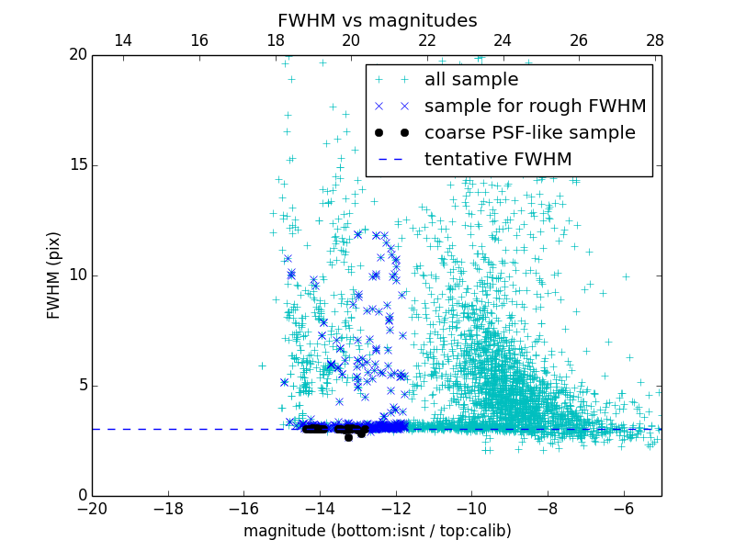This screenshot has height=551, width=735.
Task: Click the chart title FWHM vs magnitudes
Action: tap(377, 20)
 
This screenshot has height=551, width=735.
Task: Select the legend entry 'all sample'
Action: tap(471, 80)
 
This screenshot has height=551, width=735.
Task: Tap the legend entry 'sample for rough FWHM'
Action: tap(535, 107)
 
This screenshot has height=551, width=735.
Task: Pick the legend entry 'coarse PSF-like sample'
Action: tap(529, 133)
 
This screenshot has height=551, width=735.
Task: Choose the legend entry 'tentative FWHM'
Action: tap(498, 160)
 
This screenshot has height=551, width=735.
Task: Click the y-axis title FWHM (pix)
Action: tap(54, 275)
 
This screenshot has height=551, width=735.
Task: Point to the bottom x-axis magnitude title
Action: tap(377, 531)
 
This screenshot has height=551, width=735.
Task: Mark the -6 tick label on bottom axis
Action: tap(623, 509)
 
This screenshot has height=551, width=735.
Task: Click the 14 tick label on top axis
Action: tap(123, 40)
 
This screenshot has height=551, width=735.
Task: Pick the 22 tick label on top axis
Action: tap(427, 40)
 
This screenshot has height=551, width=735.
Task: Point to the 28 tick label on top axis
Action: tap(655, 40)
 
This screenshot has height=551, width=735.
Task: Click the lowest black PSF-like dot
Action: tap(348, 437)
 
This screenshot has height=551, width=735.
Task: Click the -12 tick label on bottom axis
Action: tap(395, 509)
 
